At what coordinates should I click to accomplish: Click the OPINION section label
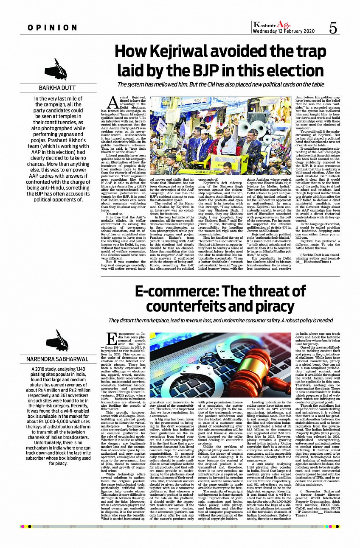pyautogui.click(x=53, y=28)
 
